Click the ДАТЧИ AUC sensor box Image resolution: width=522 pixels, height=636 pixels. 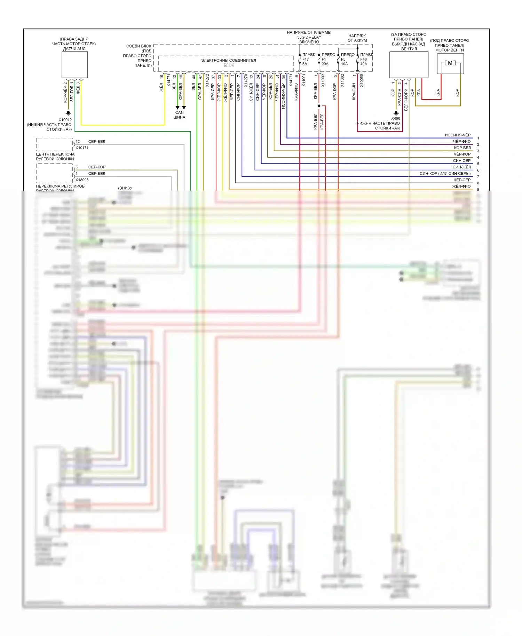74,65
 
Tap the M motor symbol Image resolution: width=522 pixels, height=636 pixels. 450,63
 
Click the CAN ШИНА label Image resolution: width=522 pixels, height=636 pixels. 179,115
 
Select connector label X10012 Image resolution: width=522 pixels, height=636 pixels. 65,120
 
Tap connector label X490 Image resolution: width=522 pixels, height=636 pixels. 396,119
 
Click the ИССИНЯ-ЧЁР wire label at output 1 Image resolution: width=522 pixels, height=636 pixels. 457,135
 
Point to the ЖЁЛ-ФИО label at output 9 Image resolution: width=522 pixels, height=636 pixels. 461,186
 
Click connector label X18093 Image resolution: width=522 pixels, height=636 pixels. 82,180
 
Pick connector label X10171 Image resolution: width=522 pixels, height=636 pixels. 82,148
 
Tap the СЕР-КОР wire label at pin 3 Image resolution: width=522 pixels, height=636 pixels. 97,167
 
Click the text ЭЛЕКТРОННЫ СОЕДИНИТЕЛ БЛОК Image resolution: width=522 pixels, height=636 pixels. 229,63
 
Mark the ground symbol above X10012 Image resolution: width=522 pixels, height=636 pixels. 69,113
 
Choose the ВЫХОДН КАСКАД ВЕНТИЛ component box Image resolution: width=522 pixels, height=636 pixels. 409,65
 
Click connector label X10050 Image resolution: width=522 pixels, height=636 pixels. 362,80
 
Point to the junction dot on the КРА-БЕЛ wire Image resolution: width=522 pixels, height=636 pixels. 319,106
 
